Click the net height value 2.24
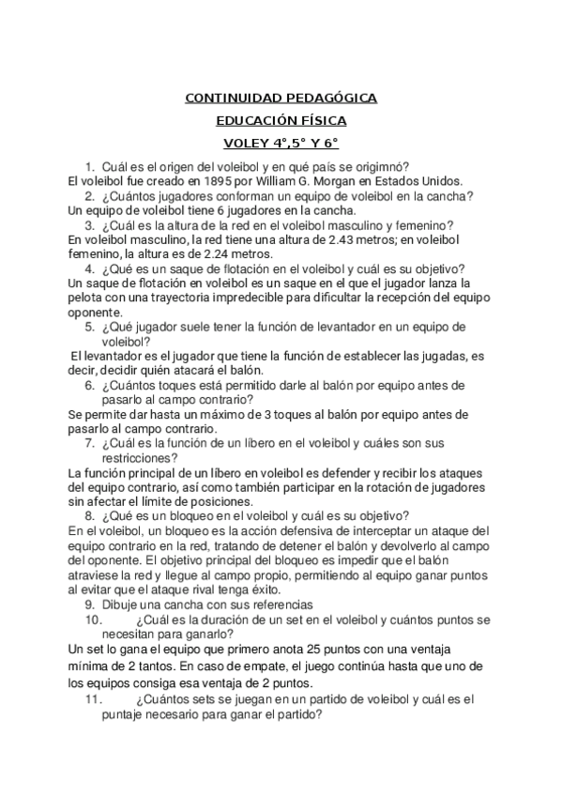[218, 253]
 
